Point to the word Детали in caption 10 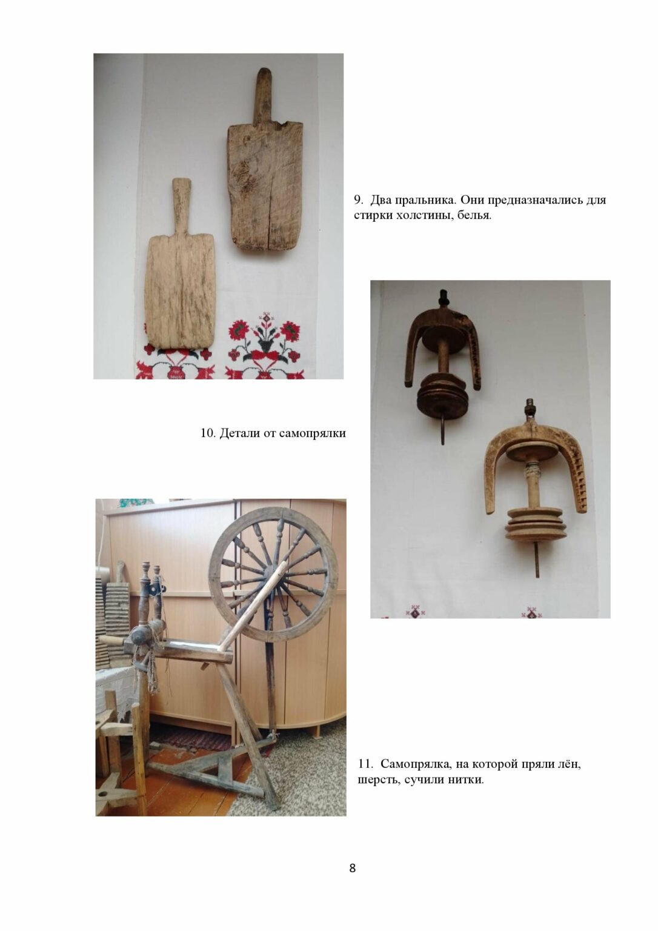(x=239, y=433)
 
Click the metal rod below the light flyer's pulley (x=537, y=559)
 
